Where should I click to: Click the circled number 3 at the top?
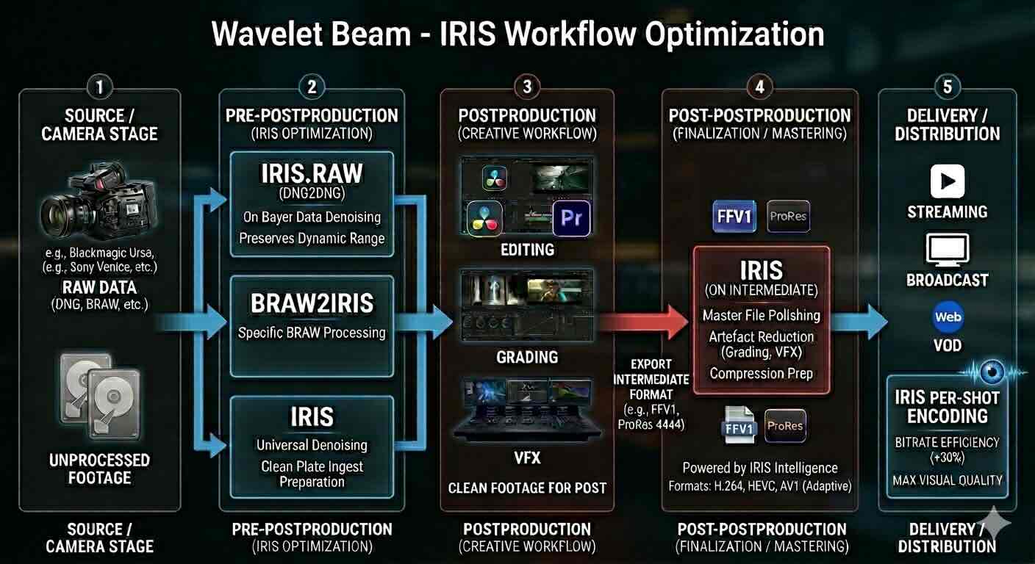click(x=527, y=87)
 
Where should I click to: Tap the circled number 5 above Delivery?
click(x=947, y=87)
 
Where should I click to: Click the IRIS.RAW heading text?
click(x=312, y=173)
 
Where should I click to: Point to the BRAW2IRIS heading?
click(x=312, y=303)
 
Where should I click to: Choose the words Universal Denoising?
click(x=312, y=445)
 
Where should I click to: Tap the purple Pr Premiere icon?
click(x=571, y=219)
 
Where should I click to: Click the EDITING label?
click(x=527, y=250)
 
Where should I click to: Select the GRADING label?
click(x=527, y=358)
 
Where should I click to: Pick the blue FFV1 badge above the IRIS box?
click(x=734, y=216)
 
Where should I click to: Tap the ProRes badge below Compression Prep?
click(x=785, y=426)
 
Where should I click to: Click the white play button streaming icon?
click(x=947, y=181)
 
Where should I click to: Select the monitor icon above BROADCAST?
click(x=947, y=250)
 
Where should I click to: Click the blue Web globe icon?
click(x=948, y=317)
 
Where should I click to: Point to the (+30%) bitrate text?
click(x=947, y=458)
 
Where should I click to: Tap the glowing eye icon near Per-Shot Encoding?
click(x=992, y=372)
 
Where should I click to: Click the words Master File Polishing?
click(x=761, y=315)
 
